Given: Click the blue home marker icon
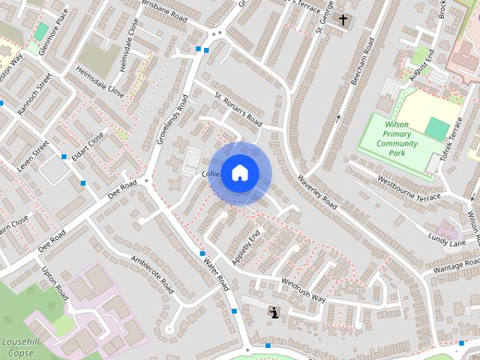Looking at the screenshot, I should coord(239,173).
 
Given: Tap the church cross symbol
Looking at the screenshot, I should coord(343,19).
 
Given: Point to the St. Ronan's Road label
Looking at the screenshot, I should coord(238,109).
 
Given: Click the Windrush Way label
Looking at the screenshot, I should coord(304,289).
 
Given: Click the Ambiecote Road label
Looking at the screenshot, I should coord(153,274).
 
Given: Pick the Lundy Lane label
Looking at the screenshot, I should coord(448,239).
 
